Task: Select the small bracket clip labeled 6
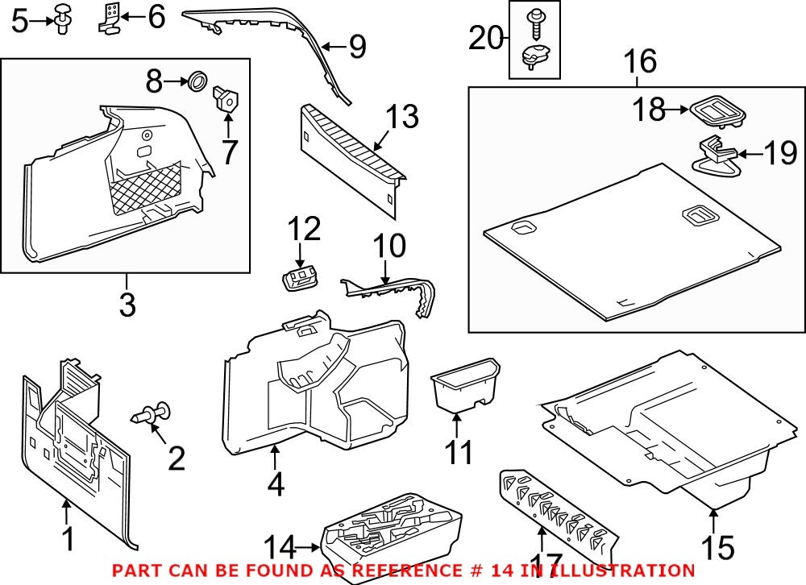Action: click(x=111, y=18)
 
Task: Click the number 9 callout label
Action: click(x=355, y=47)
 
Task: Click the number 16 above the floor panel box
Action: click(x=639, y=61)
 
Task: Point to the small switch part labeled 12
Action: click(x=299, y=279)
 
